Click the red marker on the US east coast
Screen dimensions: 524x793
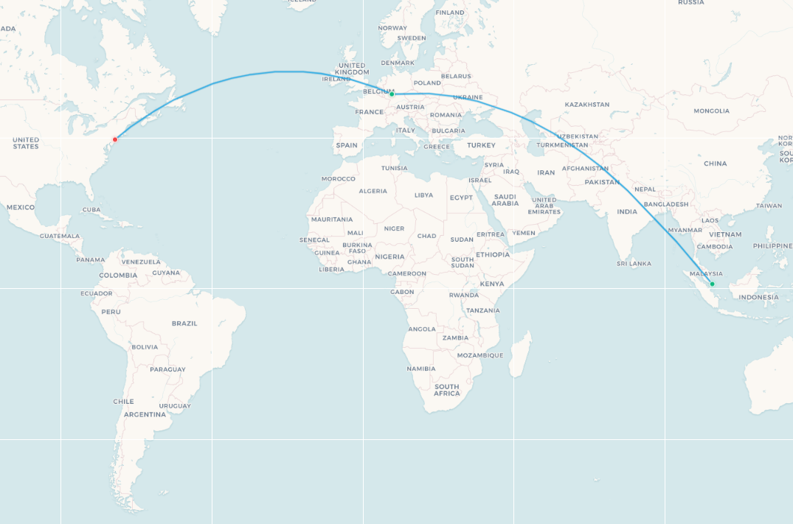[115, 139]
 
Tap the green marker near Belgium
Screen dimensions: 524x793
[392, 94]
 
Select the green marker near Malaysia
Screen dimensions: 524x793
[712, 284]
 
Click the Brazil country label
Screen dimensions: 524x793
[184, 323]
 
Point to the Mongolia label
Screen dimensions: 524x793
[711, 111]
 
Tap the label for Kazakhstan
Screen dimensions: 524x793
[587, 105]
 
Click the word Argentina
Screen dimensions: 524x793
[145, 414]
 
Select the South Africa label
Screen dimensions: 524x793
[447, 390]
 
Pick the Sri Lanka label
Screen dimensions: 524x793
[634, 263]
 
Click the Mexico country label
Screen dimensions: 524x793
[21, 207]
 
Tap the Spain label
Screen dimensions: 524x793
[347, 145]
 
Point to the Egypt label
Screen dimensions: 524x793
[461, 198]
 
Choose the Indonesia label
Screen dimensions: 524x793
[758, 298]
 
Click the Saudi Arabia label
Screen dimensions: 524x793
[505, 200]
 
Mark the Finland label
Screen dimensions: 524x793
[450, 13]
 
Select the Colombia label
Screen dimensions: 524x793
[118, 276]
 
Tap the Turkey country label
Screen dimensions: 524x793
[481, 145]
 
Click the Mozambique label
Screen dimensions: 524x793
[479, 355]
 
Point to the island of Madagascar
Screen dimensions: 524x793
[520, 354]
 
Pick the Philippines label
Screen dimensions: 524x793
[772, 246]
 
